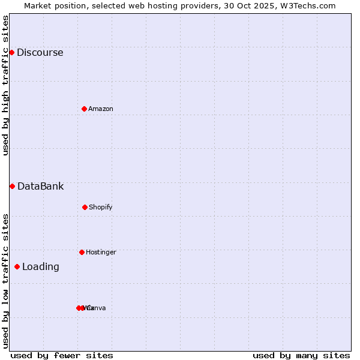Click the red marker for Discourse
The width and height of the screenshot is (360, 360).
(11, 52)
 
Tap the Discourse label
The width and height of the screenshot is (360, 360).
(40, 52)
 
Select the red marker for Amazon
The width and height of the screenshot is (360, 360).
(84, 109)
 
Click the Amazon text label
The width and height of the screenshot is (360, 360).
(101, 109)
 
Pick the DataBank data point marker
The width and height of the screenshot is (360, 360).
(12, 186)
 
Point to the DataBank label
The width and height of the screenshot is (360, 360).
(40, 186)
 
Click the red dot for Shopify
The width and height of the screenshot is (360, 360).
(85, 207)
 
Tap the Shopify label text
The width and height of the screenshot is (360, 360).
(101, 207)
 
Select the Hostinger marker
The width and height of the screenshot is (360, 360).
(82, 252)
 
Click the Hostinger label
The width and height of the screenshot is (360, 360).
(101, 252)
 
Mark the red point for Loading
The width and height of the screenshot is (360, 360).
(17, 266)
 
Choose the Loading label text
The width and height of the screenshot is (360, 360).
(41, 266)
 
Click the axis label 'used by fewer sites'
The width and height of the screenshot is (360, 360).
(62, 355)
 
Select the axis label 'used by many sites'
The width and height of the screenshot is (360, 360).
(301, 355)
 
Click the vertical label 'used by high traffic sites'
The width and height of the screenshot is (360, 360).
(5, 85)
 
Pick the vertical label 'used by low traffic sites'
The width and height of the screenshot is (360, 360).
(5, 281)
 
